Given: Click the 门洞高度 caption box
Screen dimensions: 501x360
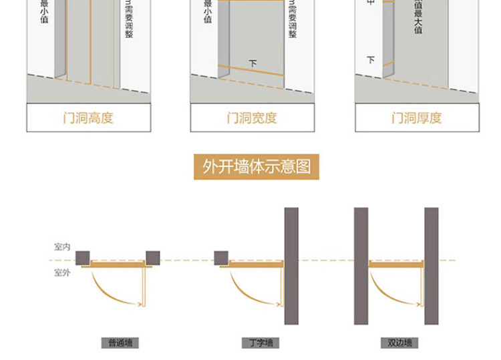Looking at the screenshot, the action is [x=88, y=118].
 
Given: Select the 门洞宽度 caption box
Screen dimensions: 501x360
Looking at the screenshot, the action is [x=252, y=118].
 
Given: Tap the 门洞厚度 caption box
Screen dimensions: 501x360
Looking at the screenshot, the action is [x=416, y=118].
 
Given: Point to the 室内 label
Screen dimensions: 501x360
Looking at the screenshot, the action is [x=62, y=247].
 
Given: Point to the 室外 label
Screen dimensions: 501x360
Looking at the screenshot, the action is [x=62, y=273].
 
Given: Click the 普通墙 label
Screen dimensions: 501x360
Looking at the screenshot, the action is [x=120, y=343].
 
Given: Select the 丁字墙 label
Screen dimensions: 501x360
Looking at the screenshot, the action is [x=261, y=343].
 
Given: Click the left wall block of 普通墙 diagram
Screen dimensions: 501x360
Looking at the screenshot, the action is [x=83, y=257].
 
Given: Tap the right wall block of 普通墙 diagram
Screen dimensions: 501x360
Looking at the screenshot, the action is [x=153, y=257].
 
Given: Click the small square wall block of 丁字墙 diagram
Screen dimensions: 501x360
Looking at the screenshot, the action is [x=222, y=257].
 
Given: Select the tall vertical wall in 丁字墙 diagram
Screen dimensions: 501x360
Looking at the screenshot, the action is [x=291, y=265].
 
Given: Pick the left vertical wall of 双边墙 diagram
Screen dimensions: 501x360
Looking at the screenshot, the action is [x=361, y=265].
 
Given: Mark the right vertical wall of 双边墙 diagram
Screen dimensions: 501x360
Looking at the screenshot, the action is [x=432, y=265].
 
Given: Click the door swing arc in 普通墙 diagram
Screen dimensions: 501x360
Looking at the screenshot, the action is [x=105, y=291].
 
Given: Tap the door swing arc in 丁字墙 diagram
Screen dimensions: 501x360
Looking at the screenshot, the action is [x=244, y=291].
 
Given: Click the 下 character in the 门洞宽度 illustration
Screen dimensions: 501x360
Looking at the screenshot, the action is [x=253, y=63].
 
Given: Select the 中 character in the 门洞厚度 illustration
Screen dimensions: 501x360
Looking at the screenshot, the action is [x=371, y=3].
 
